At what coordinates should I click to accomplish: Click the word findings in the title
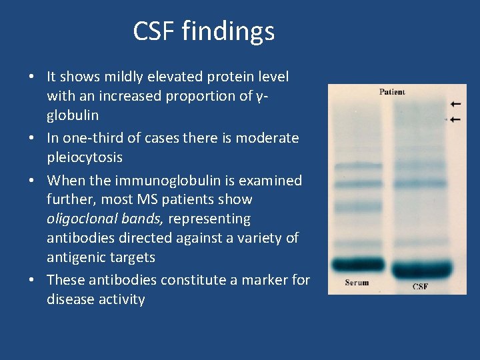point(231,31)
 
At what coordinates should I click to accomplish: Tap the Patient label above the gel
point(392,92)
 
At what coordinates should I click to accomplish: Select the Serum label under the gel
point(357,283)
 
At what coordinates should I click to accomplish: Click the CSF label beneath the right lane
point(420,287)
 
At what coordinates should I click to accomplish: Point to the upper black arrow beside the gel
point(455,104)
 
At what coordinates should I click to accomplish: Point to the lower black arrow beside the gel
point(455,119)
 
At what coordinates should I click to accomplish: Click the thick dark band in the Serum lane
point(359,265)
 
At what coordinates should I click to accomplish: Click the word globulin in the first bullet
point(73,115)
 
